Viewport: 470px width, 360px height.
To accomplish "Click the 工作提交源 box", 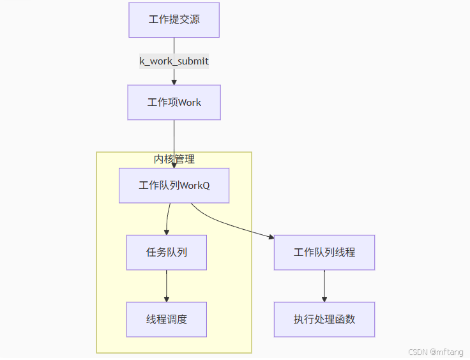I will [x=174, y=20].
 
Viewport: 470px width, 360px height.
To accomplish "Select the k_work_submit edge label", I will [x=174, y=61].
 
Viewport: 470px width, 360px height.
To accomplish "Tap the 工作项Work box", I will [x=174, y=102].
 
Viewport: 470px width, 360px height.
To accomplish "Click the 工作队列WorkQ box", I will [x=174, y=186].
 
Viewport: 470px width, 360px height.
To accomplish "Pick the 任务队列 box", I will [x=166, y=252].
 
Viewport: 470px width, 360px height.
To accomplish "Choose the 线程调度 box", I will [x=166, y=319].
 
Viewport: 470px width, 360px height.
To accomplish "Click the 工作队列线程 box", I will [x=324, y=252].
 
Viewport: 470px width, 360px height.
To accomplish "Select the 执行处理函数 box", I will [x=324, y=319].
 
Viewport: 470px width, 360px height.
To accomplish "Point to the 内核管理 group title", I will [x=174, y=159].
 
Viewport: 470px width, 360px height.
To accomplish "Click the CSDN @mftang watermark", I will [x=436, y=352].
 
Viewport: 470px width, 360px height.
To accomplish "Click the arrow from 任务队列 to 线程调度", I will [x=167, y=285].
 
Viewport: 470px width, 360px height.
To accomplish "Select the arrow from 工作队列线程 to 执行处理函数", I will [x=324, y=285].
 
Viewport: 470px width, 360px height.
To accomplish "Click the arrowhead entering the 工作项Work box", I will [x=174, y=82].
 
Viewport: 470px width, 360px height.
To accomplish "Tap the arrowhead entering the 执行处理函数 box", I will [x=324, y=299].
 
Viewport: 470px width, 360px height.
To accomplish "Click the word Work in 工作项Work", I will [x=190, y=102].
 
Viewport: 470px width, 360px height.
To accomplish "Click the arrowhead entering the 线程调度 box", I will [x=167, y=299].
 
